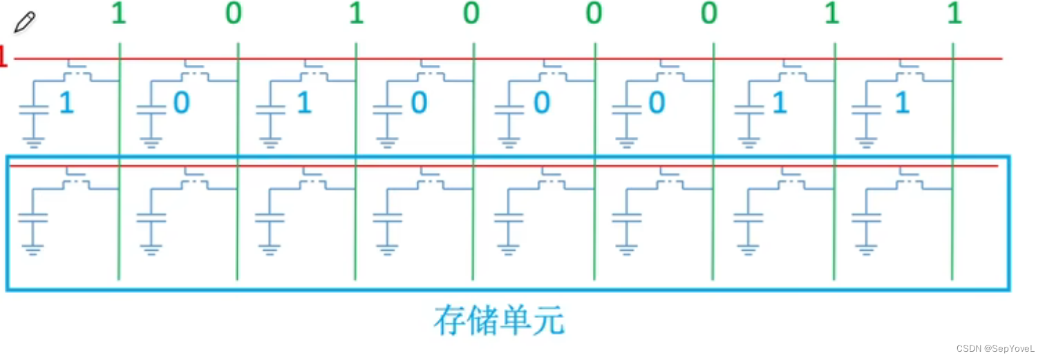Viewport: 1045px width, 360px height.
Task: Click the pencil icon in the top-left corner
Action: pos(24,21)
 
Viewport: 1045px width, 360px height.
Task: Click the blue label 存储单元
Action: pos(498,320)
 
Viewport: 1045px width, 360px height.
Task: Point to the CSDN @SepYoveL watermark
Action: pos(995,349)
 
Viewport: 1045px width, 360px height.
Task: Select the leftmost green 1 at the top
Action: pos(119,15)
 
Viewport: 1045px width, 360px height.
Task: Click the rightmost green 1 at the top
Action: pos(954,15)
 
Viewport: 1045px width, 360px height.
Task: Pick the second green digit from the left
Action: pos(234,15)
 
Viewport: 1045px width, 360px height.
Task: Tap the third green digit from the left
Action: pos(356,15)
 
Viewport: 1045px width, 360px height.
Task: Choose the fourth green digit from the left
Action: pos(471,15)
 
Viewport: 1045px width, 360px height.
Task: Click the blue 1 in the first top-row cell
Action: pos(66,104)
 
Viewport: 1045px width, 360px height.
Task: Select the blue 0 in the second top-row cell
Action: pos(181,104)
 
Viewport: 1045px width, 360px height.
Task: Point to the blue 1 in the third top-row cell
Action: pos(303,104)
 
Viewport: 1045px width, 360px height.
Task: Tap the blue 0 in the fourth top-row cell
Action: pos(419,104)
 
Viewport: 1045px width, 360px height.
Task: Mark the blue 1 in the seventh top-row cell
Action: pos(779,104)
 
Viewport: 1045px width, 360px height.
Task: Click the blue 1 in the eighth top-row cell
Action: pos(901,104)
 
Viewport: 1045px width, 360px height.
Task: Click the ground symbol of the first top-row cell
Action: pos(32,142)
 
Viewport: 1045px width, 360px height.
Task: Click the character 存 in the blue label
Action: pos(450,320)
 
